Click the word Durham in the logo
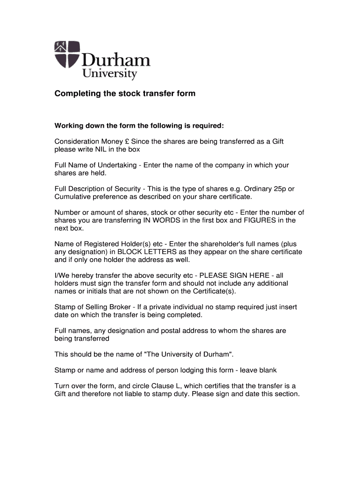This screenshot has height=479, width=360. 116,61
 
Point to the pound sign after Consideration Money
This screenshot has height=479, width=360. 128,141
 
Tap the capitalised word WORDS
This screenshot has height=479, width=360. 151,220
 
